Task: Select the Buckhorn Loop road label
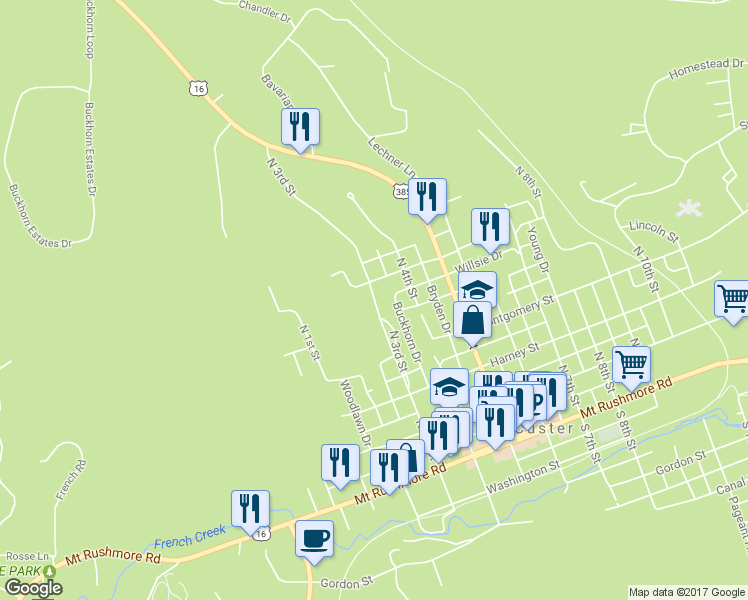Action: [88, 29]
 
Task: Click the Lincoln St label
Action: [654, 232]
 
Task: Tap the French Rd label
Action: [71, 480]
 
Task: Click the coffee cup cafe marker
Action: [315, 537]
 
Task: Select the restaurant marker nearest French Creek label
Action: [250, 507]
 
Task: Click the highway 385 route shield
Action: [401, 190]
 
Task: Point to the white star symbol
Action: [687, 209]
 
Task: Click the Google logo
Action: [33, 588]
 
